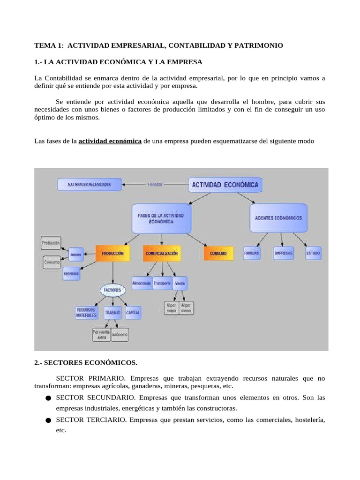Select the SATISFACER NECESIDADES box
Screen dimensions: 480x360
tap(89, 184)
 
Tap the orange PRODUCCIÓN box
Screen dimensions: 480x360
tap(112, 253)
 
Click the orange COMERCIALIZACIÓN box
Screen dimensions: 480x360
tap(162, 253)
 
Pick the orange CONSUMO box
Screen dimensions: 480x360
tap(218, 253)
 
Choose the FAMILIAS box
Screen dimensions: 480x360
tap(251, 253)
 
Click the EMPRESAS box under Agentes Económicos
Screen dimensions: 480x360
tap(283, 253)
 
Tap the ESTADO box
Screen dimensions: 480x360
tap(313, 253)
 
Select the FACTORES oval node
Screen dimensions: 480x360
tap(112, 290)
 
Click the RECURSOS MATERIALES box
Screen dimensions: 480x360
tap(86, 313)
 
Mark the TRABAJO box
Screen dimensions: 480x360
tap(112, 313)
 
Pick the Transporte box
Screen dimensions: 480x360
tap(162, 284)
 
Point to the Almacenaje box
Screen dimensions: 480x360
tap(142, 284)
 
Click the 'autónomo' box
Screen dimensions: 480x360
tap(120, 335)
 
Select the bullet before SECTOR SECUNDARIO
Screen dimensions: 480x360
tap(48, 398)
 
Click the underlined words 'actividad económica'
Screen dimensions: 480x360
tap(110, 141)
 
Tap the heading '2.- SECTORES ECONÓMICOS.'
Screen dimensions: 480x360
tap(86, 362)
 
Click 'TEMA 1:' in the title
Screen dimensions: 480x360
tap(49, 45)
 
